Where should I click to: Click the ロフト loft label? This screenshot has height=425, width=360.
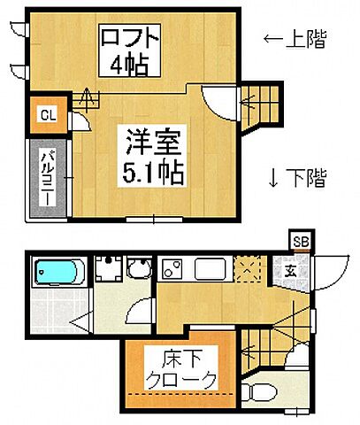click(130, 39)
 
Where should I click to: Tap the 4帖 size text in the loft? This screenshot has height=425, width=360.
click(130, 66)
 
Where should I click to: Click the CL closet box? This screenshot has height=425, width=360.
click(48, 113)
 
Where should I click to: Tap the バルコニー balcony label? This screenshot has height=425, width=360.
click(42, 175)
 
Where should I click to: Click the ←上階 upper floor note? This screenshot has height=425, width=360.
click(295, 39)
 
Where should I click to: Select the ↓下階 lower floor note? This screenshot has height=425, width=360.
click(296, 178)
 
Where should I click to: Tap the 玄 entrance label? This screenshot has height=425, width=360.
click(289, 273)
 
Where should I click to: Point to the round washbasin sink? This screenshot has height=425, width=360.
click(139, 270)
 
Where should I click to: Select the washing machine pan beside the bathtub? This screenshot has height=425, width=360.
click(108, 271)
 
